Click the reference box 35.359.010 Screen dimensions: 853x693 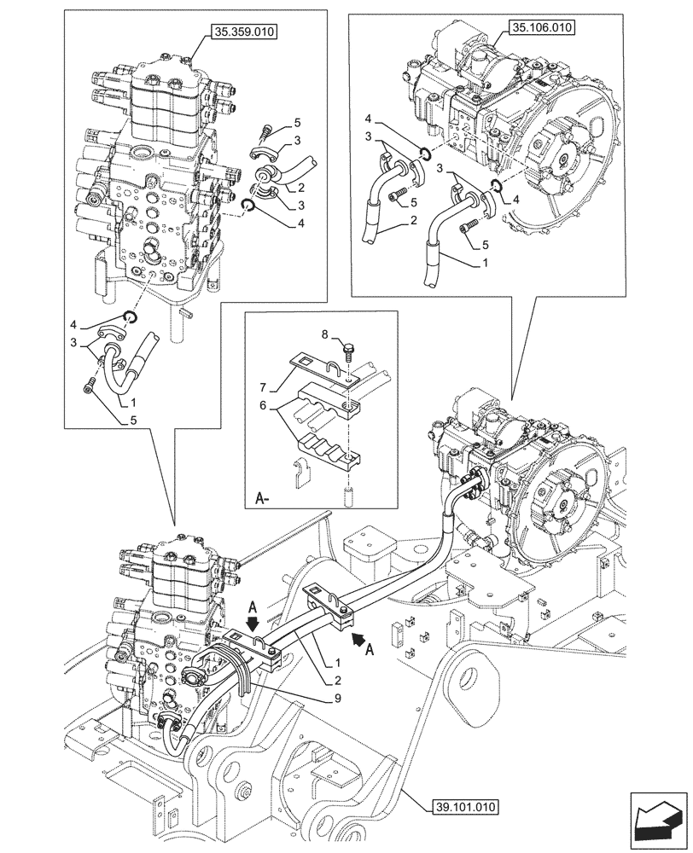coord(242,33)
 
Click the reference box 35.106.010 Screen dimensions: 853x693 coord(542,27)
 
